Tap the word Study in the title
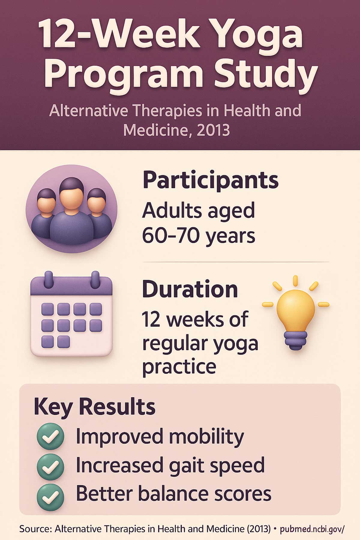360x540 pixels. (264, 73)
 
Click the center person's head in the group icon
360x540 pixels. (71, 192)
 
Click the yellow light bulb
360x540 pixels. (295, 312)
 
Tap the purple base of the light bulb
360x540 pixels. (296, 340)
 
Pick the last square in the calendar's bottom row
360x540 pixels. (64, 342)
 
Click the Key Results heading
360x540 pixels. (95, 407)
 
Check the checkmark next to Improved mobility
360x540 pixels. (50, 436)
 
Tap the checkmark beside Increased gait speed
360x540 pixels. (50, 466)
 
